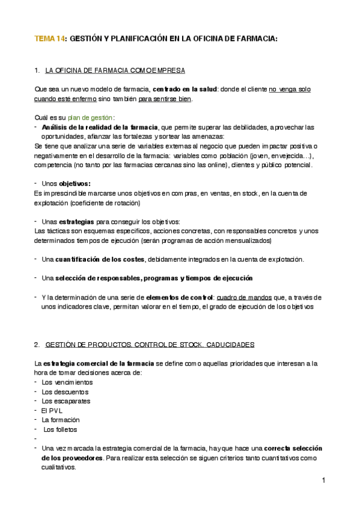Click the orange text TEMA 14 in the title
pyautogui.click(x=50, y=38)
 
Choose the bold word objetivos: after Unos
pyautogui.click(x=75, y=183)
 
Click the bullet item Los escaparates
pyautogui.click(x=62, y=401)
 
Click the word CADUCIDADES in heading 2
pyautogui.click(x=230, y=345)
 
